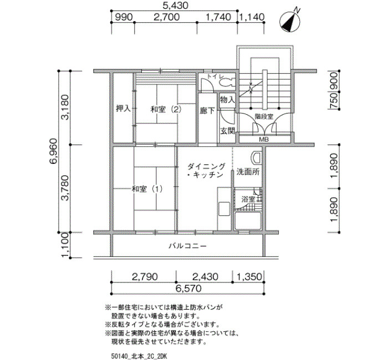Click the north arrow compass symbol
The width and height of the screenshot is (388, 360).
290,22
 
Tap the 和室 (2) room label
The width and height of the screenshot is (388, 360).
166,109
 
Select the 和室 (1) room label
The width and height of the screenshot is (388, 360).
147,189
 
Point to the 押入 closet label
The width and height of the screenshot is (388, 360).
123,109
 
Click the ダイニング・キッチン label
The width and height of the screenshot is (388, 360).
206,171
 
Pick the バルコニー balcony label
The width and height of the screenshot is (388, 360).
187,246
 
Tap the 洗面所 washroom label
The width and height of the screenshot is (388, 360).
248,172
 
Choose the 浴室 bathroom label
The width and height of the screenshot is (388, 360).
248,199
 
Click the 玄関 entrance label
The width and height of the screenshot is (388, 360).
228,131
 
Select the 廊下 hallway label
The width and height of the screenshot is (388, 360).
207,111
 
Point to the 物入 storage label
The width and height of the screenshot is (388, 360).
227,100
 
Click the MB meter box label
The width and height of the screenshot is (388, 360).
264,140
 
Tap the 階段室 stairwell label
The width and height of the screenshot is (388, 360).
264,116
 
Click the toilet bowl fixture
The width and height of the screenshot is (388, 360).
227,83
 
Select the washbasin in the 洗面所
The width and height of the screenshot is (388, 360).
256,157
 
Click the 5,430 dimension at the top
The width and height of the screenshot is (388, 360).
176,5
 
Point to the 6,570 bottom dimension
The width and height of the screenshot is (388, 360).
188,289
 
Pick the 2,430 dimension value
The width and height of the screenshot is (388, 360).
205,277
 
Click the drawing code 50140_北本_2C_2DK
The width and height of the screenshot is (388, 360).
139,356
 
